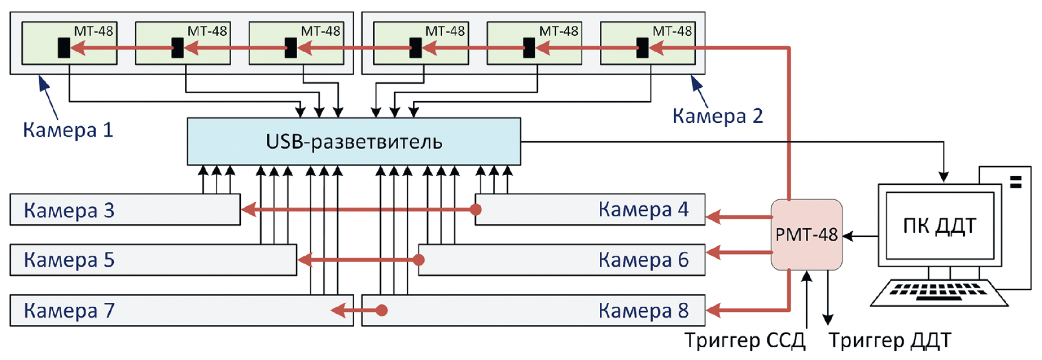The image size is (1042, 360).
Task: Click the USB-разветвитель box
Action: (x=354, y=142)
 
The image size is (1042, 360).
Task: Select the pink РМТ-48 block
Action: (x=806, y=234)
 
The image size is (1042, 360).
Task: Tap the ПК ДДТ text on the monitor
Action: (x=939, y=226)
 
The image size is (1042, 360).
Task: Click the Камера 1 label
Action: (x=68, y=130)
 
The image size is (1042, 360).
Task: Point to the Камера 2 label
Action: (x=717, y=116)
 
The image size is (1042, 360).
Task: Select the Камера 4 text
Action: (x=643, y=209)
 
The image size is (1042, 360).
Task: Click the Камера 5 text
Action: (x=69, y=260)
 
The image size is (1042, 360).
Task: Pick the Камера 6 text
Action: (x=643, y=260)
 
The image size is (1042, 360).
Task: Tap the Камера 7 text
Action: (x=69, y=310)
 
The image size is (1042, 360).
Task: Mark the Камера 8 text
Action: (x=643, y=310)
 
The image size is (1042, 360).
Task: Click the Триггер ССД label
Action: (x=744, y=340)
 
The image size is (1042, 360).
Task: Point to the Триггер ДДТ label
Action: (x=889, y=340)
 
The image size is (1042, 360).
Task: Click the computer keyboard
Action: (x=939, y=292)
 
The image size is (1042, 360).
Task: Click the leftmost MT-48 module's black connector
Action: (x=64, y=48)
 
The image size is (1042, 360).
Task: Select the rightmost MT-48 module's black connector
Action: (x=642, y=48)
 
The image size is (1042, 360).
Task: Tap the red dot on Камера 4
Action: (x=476, y=209)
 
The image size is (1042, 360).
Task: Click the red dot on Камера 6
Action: (x=419, y=260)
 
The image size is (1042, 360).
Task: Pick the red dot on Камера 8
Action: (x=381, y=310)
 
